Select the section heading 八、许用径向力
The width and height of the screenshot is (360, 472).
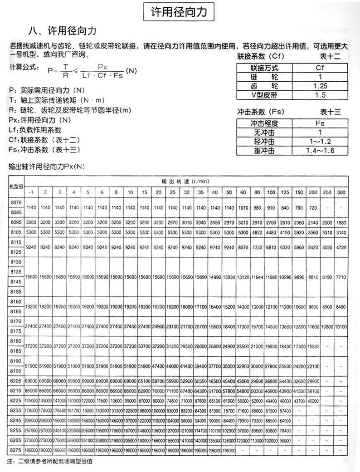coord(62,31)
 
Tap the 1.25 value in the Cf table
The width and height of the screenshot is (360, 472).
coord(320,86)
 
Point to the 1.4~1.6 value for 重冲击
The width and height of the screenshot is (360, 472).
coord(320,150)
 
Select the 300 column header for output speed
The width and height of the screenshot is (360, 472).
coord(341,192)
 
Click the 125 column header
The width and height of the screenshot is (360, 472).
coord(285,192)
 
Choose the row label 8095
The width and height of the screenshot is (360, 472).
coord(16,223)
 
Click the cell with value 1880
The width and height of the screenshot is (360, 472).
coord(341,223)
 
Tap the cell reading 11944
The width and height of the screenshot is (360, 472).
coord(257,276)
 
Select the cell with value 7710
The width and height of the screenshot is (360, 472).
coord(341,276)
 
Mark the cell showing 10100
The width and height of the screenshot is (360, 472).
coord(341,327)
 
